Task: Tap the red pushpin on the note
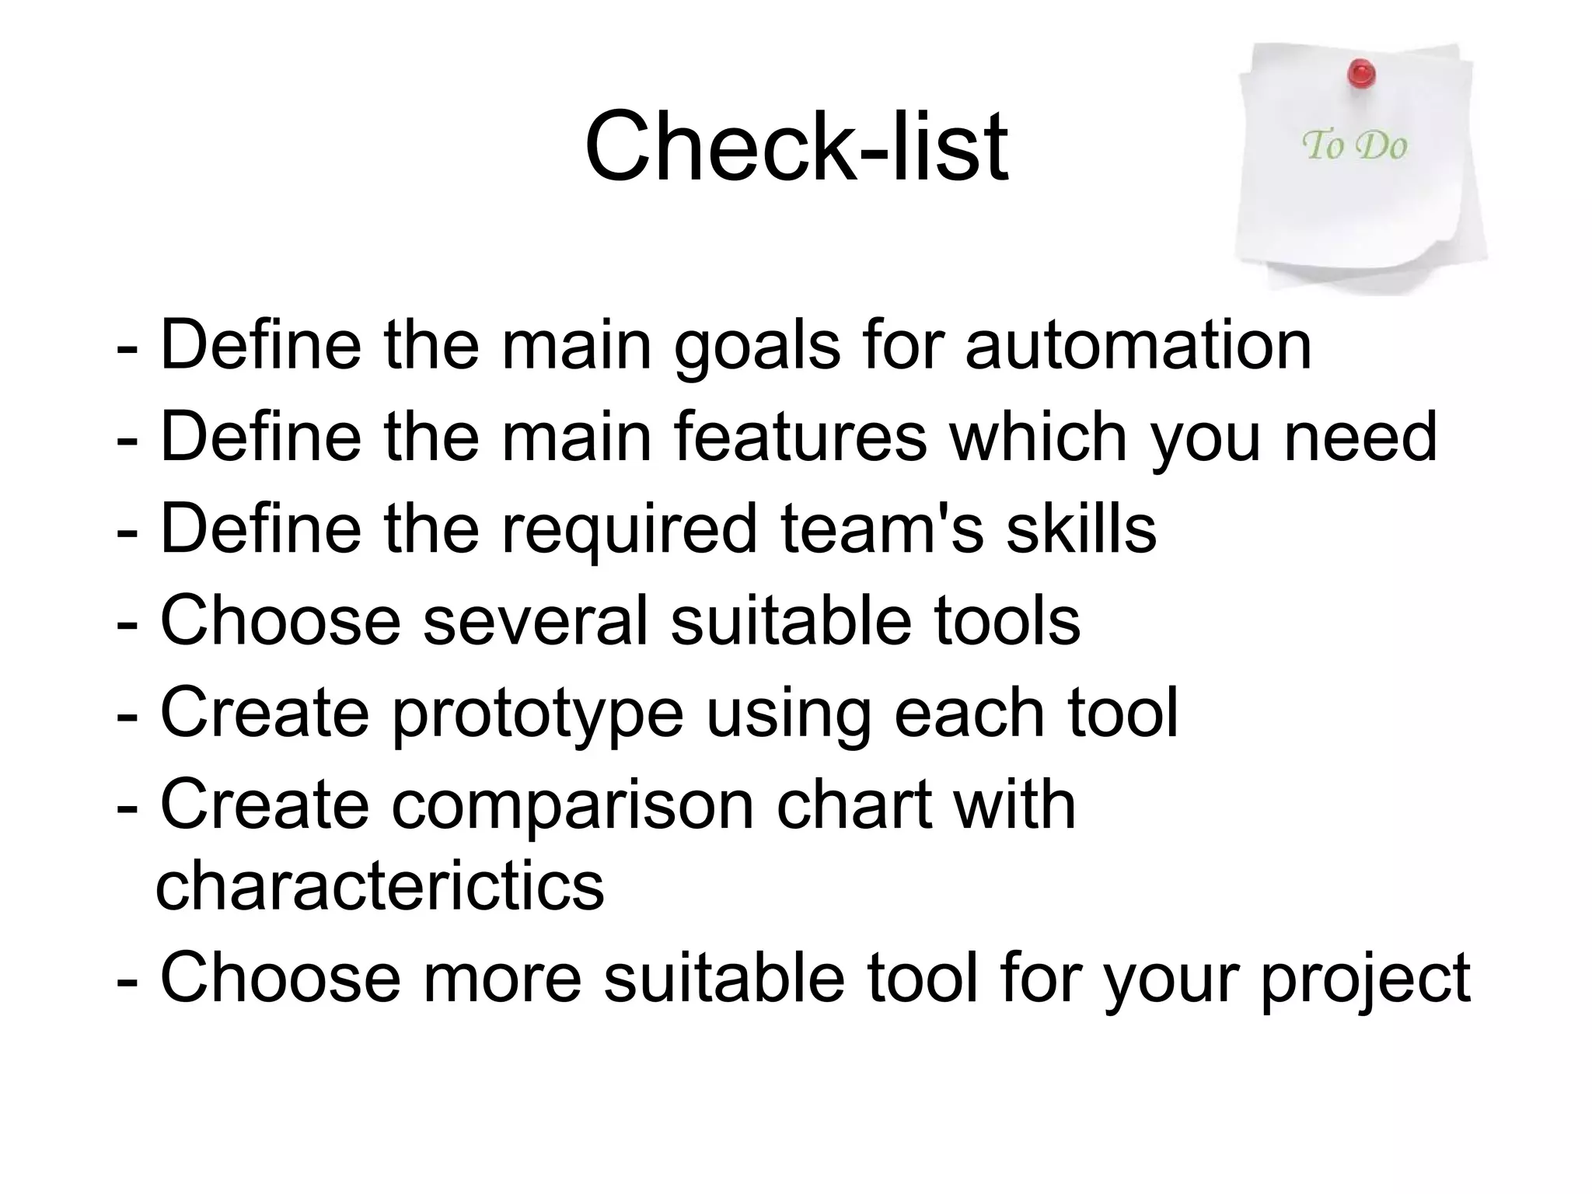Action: click(x=1361, y=75)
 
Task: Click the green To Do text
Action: click(x=1354, y=145)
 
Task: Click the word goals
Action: click(x=756, y=348)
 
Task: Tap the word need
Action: click(x=1360, y=437)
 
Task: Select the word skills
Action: click(x=1081, y=529)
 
